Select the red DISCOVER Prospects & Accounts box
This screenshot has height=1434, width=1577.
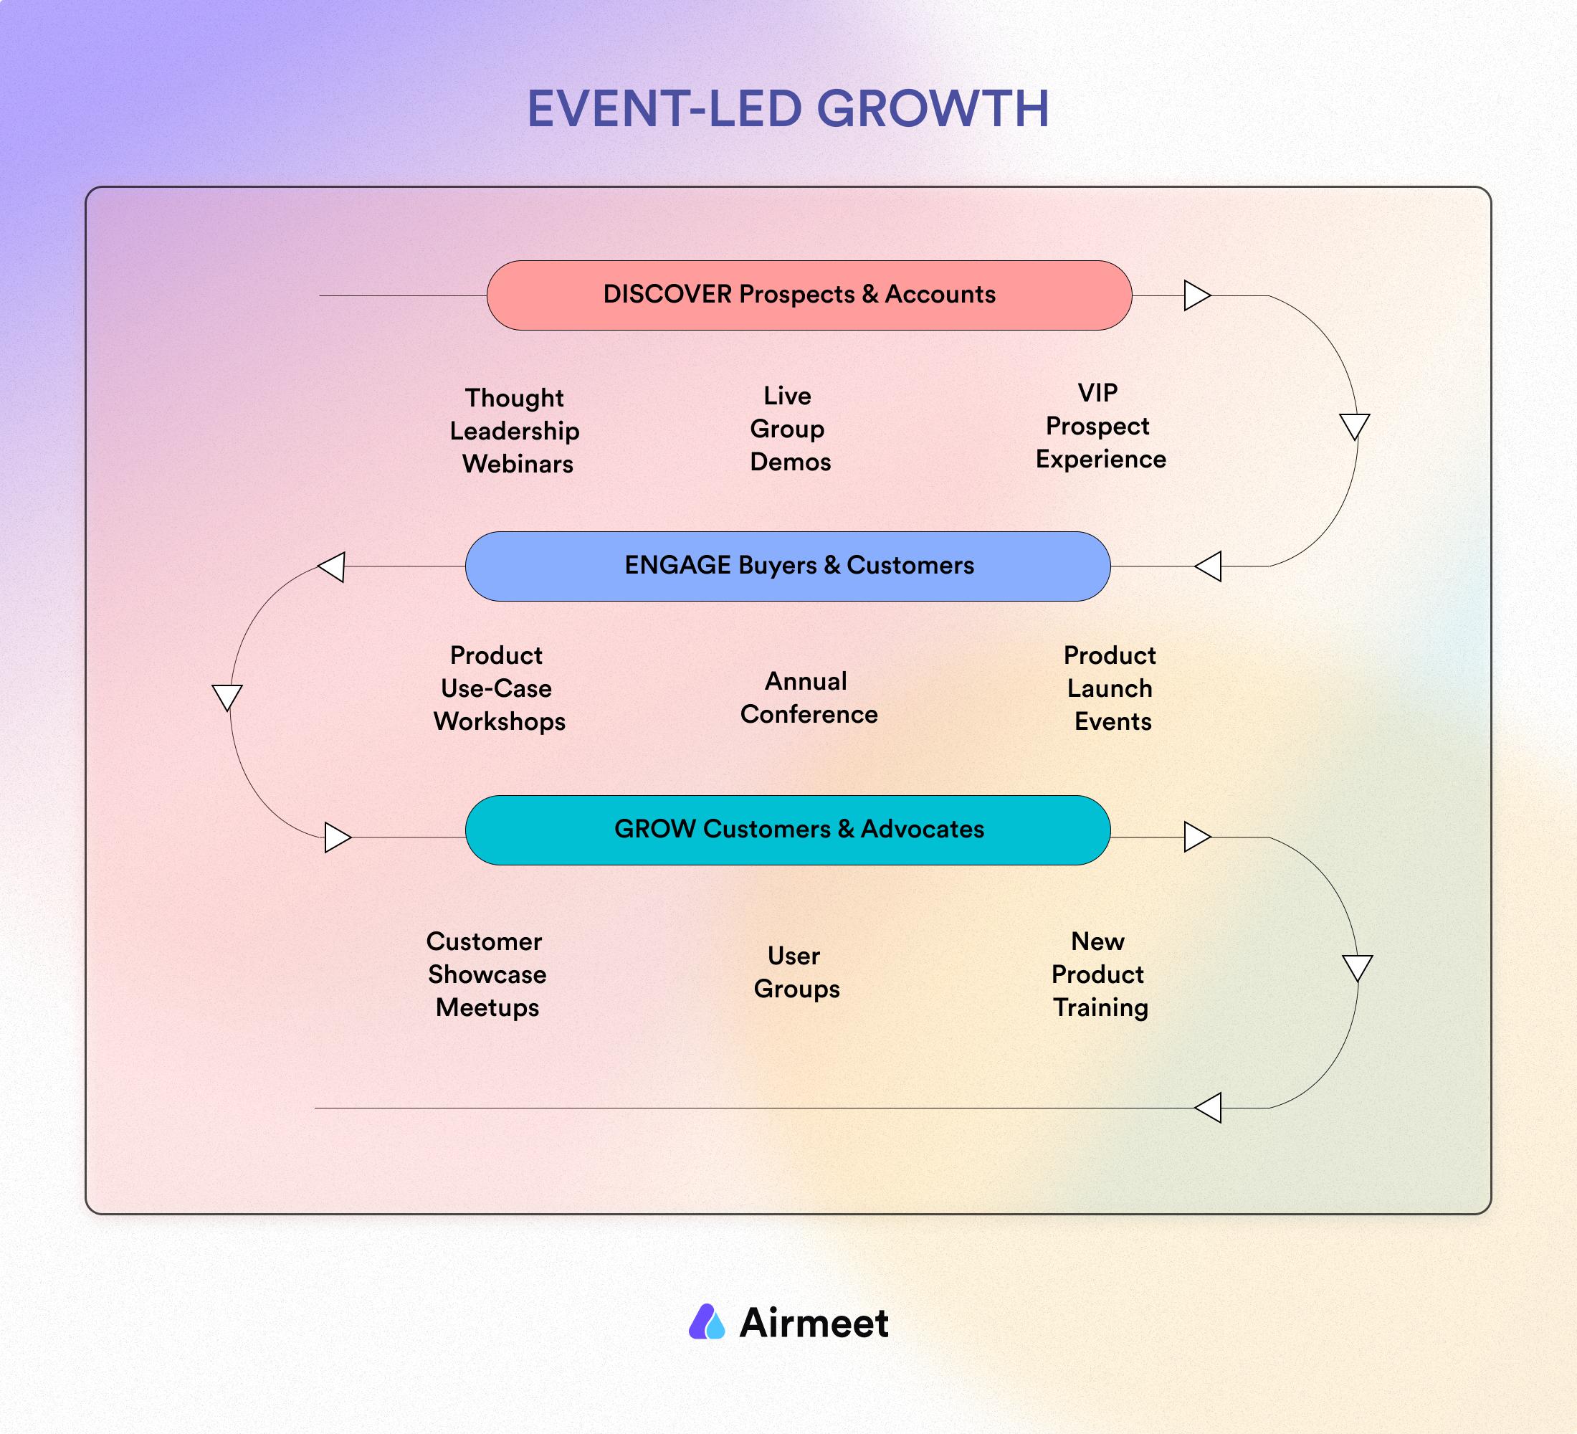tap(809, 295)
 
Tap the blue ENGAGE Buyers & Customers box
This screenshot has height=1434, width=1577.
tap(788, 566)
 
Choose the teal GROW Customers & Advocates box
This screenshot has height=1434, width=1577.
tap(788, 830)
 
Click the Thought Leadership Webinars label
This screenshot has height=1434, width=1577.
tap(515, 430)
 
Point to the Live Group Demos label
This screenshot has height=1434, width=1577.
tap(790, 429)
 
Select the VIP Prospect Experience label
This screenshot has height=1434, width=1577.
tap(1100, 426)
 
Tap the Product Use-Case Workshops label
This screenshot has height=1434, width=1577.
tap(499, 688)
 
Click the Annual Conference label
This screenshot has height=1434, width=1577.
tap(809, 698)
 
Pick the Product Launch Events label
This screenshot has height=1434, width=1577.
tap(1110, 688)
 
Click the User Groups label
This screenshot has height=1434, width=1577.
tap(796, 972)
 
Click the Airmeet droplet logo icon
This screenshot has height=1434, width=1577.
tap(706, 1321)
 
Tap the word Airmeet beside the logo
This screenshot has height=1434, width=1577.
tap(814, 1323)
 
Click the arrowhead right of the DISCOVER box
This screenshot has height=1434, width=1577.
tap(1197, 295)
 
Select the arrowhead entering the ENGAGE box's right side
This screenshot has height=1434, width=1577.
tap(1209, 566)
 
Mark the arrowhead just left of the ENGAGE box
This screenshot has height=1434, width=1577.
tap(332, 566)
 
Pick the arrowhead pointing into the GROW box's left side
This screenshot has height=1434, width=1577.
tap(337, 837)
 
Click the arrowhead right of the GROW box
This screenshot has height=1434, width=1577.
tap(1197, 837)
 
